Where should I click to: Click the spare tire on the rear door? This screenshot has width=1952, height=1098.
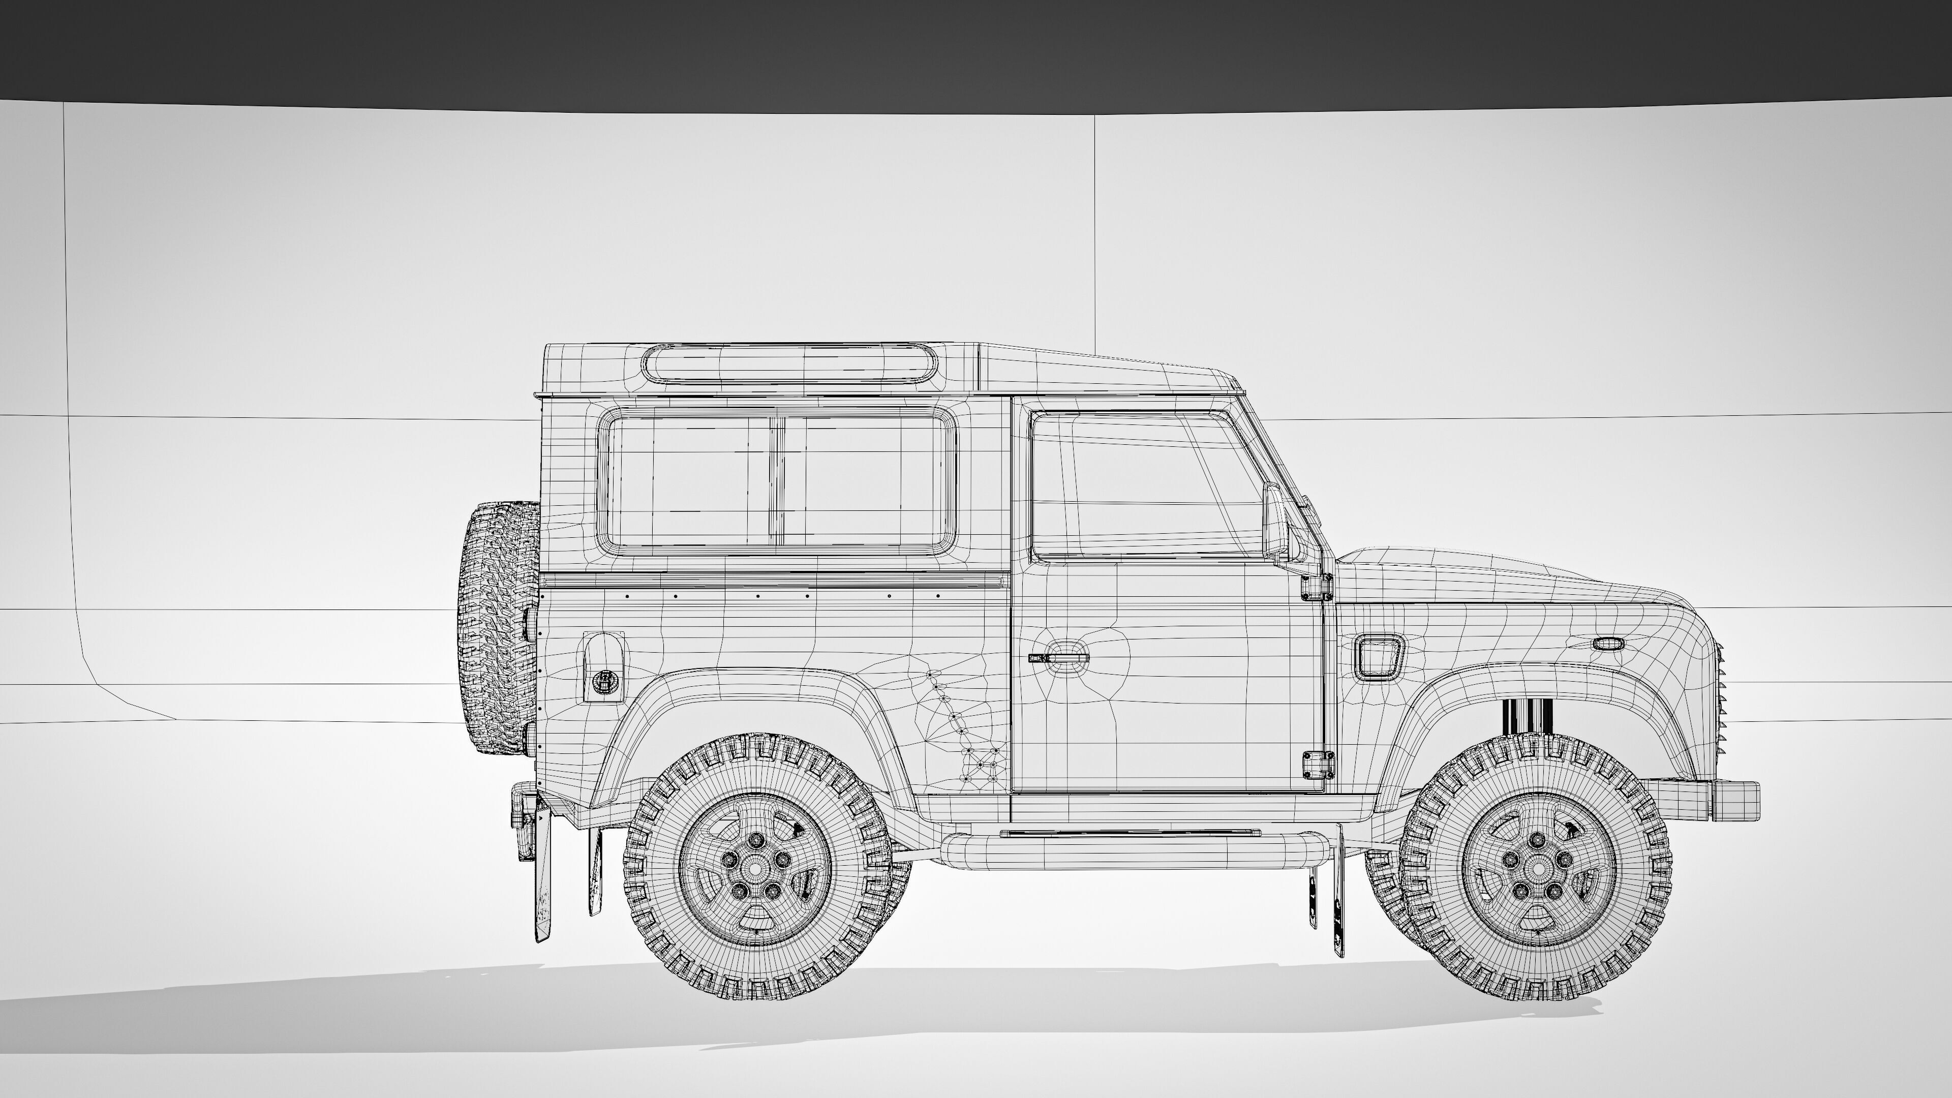[499, 627]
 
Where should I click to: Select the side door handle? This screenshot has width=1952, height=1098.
[1058, 656]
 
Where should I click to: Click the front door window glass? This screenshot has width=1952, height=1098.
[1144, 485]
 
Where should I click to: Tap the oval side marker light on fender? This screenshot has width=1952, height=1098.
[1608, 644]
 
